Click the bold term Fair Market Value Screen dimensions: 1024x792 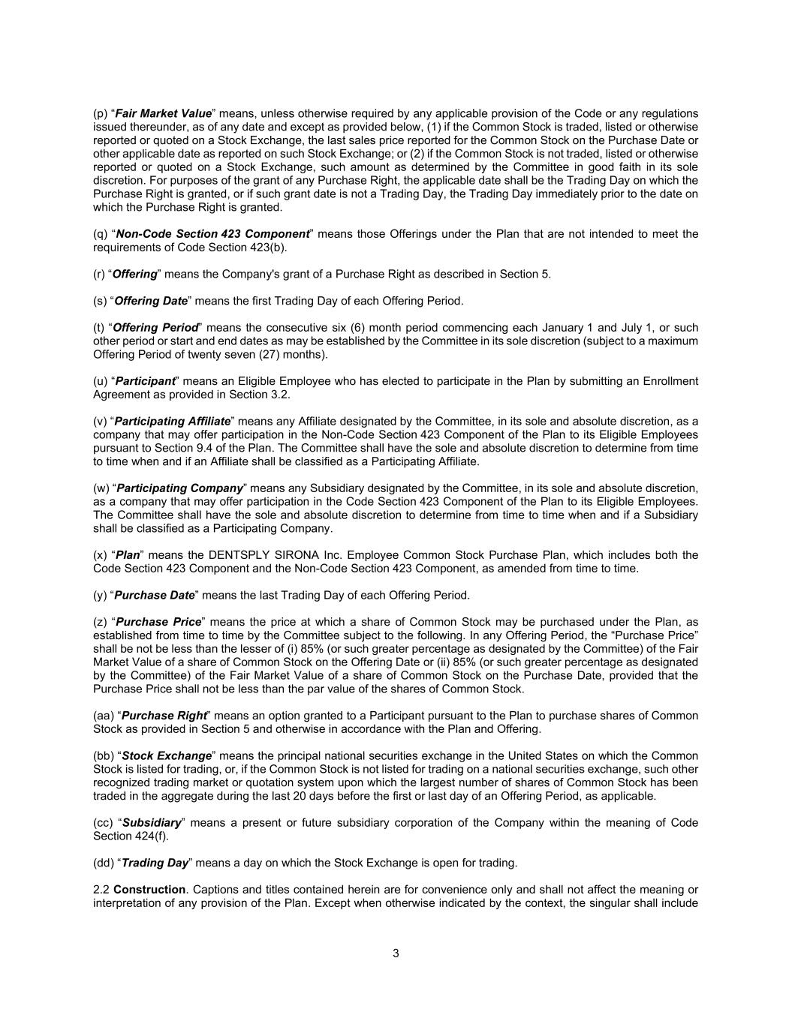click(163, 113)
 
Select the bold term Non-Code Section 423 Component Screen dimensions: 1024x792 click(212, 234)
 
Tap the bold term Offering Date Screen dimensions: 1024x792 click(149, 301)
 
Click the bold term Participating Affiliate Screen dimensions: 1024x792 click(172, 422)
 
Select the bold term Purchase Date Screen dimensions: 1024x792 click(154, 596)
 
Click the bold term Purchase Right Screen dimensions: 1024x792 click(164, 716)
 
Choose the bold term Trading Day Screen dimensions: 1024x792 click(154, 863)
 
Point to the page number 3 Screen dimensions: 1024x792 click(396, 954)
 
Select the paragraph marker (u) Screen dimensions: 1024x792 click(101, 381)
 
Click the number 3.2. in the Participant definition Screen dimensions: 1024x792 click(279, 395)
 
